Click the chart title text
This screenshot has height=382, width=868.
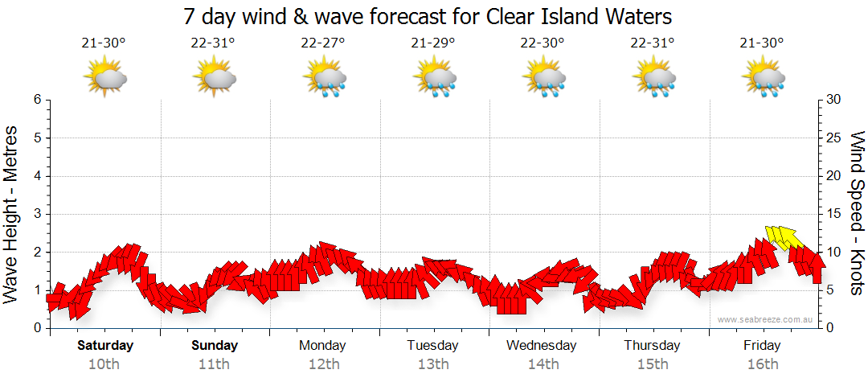(x=428, y=16)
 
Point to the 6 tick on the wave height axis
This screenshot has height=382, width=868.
(x=36, y=100)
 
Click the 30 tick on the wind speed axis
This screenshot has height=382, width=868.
(x=833, y=100)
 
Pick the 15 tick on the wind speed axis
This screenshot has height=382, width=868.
(x=833, y=214)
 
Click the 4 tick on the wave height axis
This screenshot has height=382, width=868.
(x=36, y=176)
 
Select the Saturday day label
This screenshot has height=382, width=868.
(x=105, y=346)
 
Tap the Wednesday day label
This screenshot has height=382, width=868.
(x=542, y=346)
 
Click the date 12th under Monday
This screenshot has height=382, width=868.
(x=322, y=364)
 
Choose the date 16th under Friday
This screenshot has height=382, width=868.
(x=762, y=364)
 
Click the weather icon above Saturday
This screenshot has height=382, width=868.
(x=105, y=78)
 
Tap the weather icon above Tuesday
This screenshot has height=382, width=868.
(x=435, y=78)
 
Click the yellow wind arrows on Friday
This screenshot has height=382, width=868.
(x=784, y=236)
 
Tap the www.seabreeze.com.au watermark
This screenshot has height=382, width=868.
(x=767, y=319)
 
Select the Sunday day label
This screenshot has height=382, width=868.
(x=215, y=346)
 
